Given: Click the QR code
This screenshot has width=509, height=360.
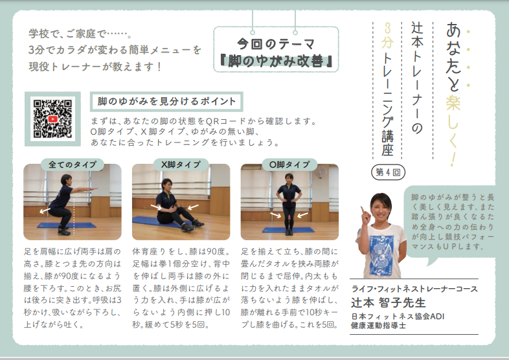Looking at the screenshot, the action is (52, 118).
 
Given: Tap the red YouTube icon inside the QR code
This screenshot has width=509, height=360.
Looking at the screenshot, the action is (52, 119).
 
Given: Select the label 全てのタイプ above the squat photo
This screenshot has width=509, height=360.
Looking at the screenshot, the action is (72, 164).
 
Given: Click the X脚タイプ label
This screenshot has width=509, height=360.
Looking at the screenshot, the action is (181, 164).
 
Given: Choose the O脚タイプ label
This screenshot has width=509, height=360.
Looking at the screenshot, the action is (289, 164).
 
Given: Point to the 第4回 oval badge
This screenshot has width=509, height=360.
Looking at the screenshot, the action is (388, 172).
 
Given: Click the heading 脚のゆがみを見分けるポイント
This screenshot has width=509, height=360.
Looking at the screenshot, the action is (166, 102).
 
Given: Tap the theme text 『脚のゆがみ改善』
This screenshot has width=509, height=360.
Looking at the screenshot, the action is (276, 61).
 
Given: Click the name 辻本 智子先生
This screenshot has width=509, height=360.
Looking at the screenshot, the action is (389, 302).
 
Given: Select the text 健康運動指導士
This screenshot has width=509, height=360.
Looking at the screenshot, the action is (378, 325).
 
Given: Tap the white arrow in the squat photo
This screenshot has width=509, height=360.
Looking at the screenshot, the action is (45, 211).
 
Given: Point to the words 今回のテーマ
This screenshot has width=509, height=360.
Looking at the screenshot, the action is (276, 43).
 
